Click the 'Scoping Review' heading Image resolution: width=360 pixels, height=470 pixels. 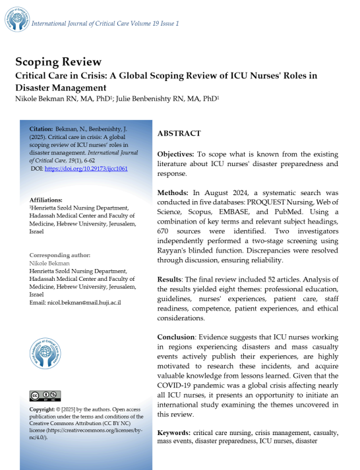[x=58, y=62]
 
